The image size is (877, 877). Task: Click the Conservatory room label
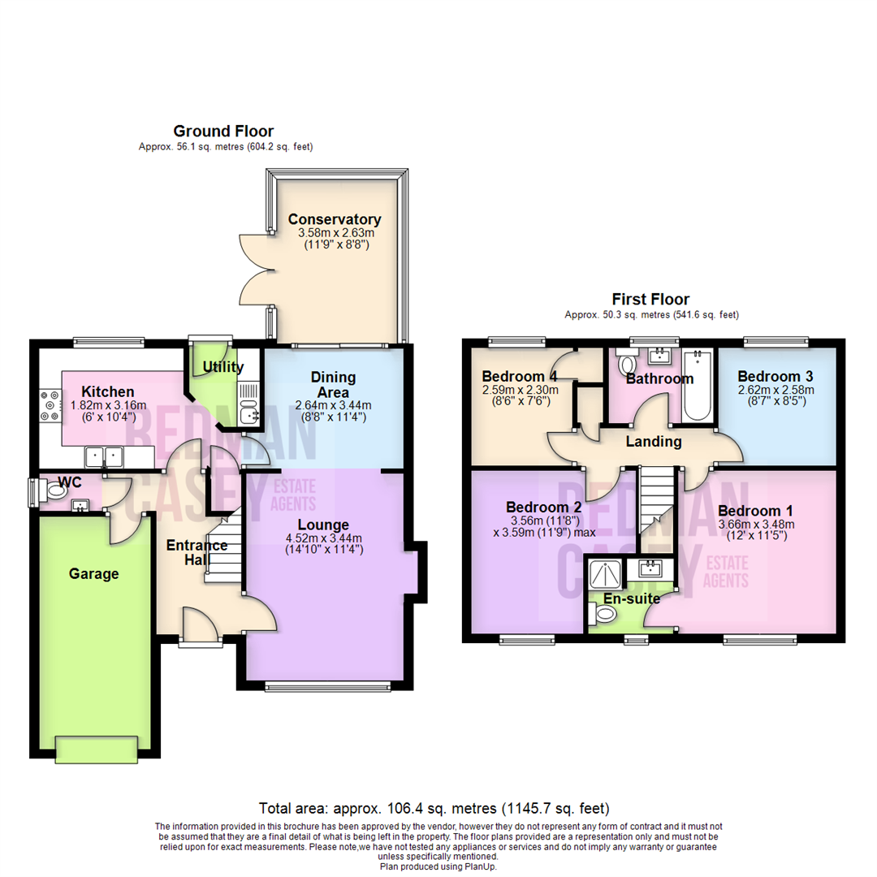coord(335,219)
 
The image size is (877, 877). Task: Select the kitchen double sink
coord(105,457)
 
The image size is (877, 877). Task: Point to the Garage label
coord(93,574)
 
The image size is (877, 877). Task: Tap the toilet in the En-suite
coord(603,617)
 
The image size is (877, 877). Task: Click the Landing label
coord(654,442)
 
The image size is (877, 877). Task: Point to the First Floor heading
coord(651,300)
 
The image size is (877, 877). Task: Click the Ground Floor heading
coord(223,131)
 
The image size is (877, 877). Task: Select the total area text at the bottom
coord(434,809)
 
